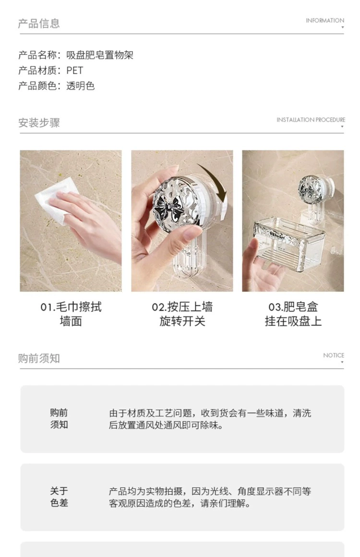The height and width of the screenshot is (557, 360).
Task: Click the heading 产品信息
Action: pos(39,24)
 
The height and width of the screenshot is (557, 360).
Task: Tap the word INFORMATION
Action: pos(325,21)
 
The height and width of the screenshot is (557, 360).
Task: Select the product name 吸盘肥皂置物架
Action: pos(99,55)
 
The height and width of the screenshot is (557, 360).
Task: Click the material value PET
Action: pos(74,71)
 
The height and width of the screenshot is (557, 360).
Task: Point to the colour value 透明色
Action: pos(80,86)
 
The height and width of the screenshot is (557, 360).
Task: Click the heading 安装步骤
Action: pos(39,123)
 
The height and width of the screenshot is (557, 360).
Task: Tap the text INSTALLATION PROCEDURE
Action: pos(311,120)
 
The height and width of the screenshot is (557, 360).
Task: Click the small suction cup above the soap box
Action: pos(312,188)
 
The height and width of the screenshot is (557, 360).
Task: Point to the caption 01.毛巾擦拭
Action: pos(71,307)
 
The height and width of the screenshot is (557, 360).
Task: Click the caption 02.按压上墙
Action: pos(182,307)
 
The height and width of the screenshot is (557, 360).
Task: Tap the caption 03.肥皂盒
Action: pos(293,307)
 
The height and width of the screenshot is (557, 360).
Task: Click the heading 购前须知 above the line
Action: pos(39,358)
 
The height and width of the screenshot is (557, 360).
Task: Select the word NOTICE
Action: pos(333,355)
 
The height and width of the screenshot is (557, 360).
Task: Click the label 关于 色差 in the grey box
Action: pos(59,497)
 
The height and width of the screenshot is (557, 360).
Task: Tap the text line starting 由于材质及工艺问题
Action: pos(210,413)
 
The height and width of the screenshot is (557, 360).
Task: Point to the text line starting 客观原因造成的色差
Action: pos(180,503)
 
